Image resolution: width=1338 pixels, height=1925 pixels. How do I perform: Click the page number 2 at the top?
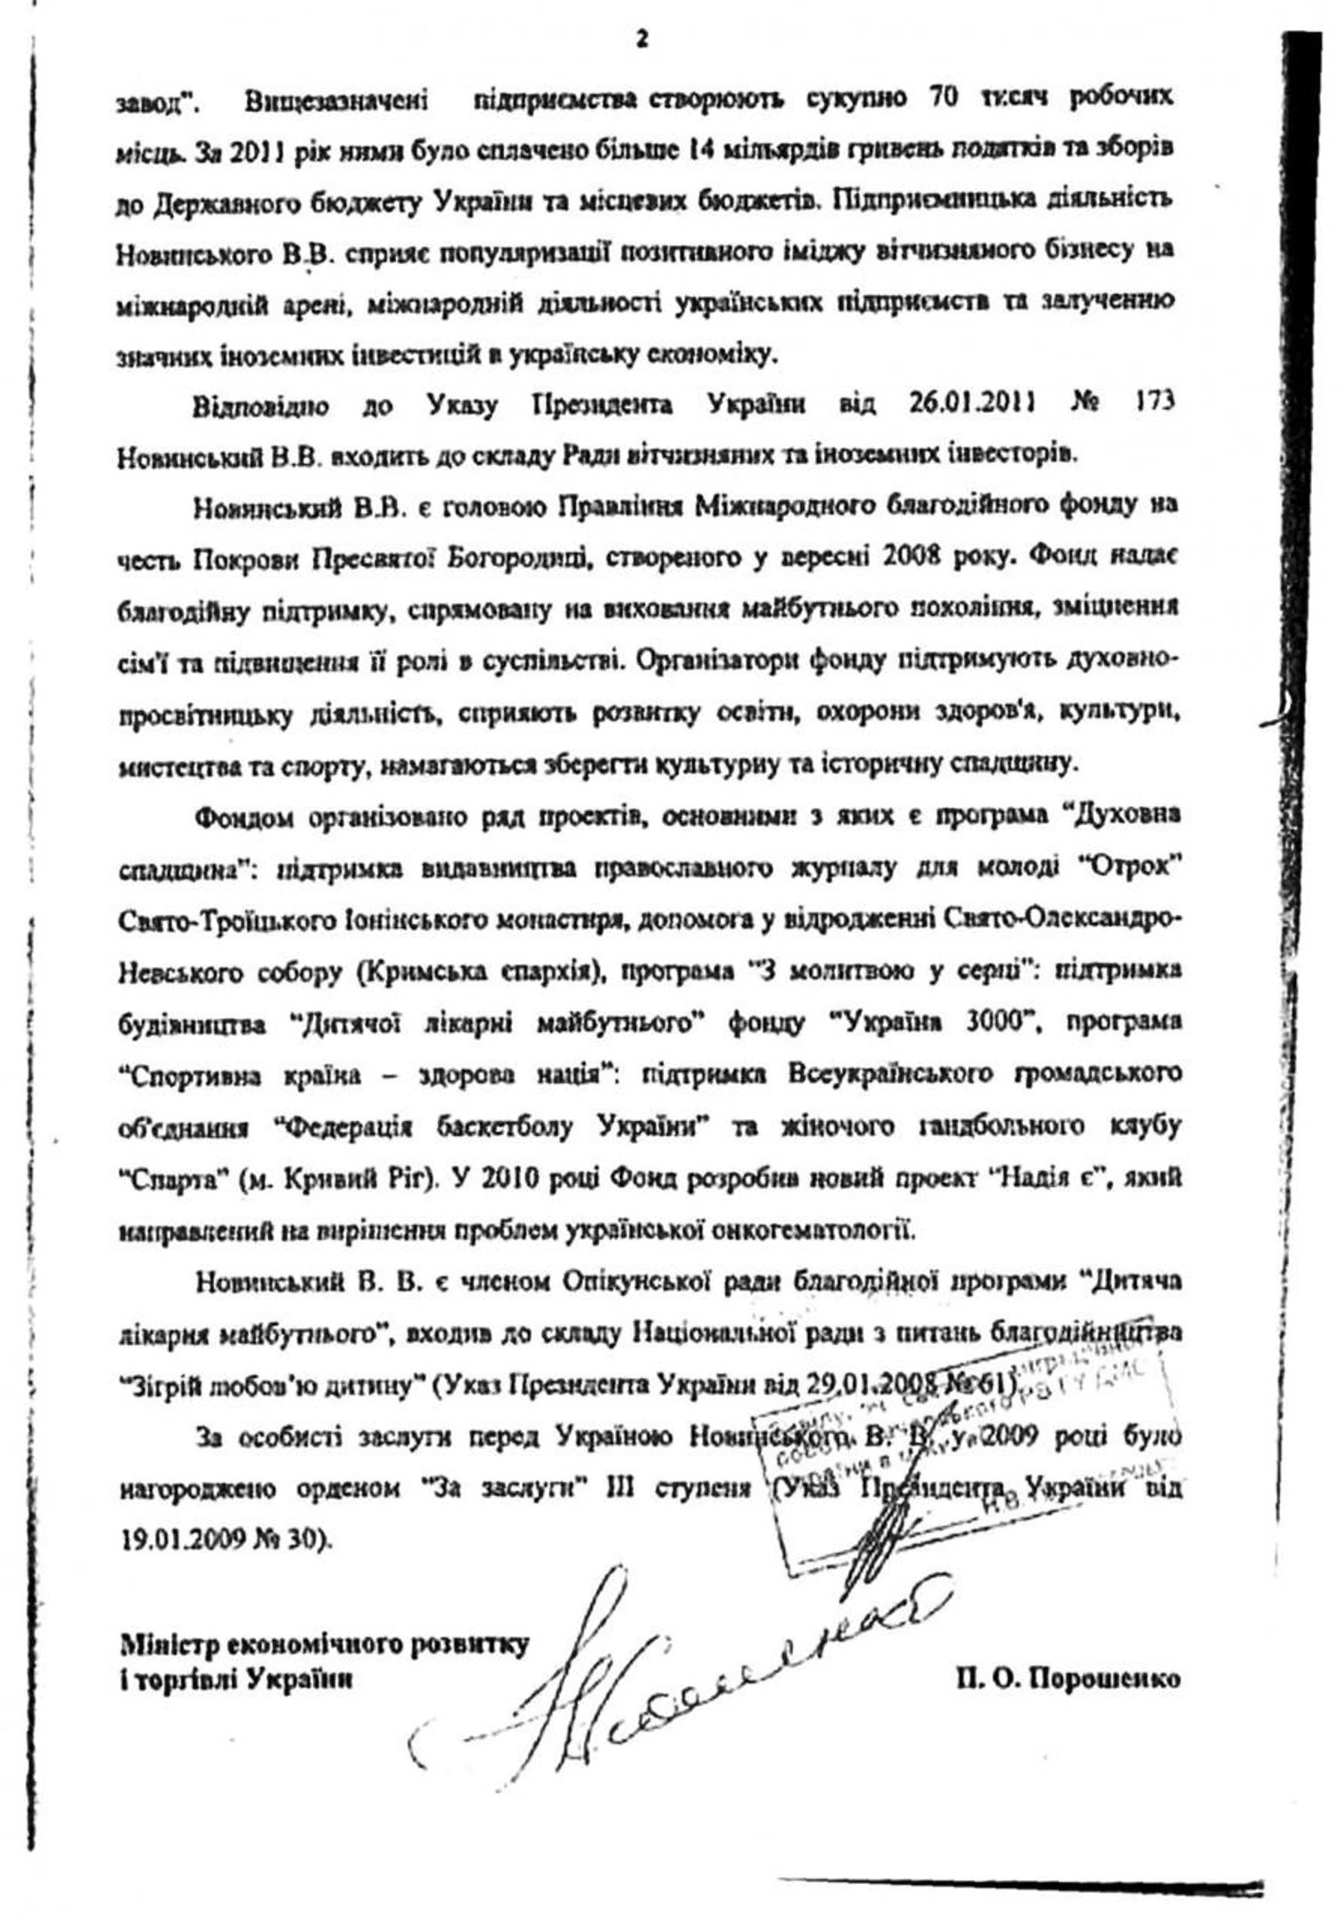point(640,41)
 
